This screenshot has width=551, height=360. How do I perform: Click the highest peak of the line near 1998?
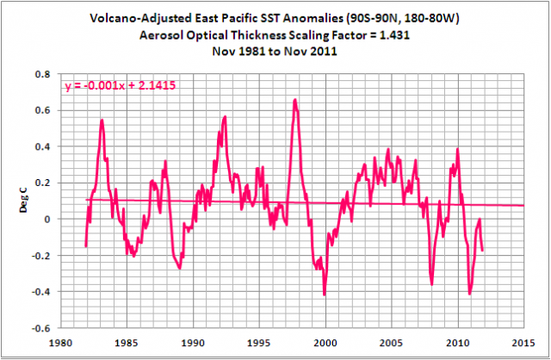point(294,100)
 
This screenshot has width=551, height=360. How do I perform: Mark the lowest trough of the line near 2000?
point(325,295)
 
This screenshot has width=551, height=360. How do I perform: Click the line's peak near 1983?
point(102,120)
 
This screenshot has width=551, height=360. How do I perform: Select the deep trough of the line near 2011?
point(469,294)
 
